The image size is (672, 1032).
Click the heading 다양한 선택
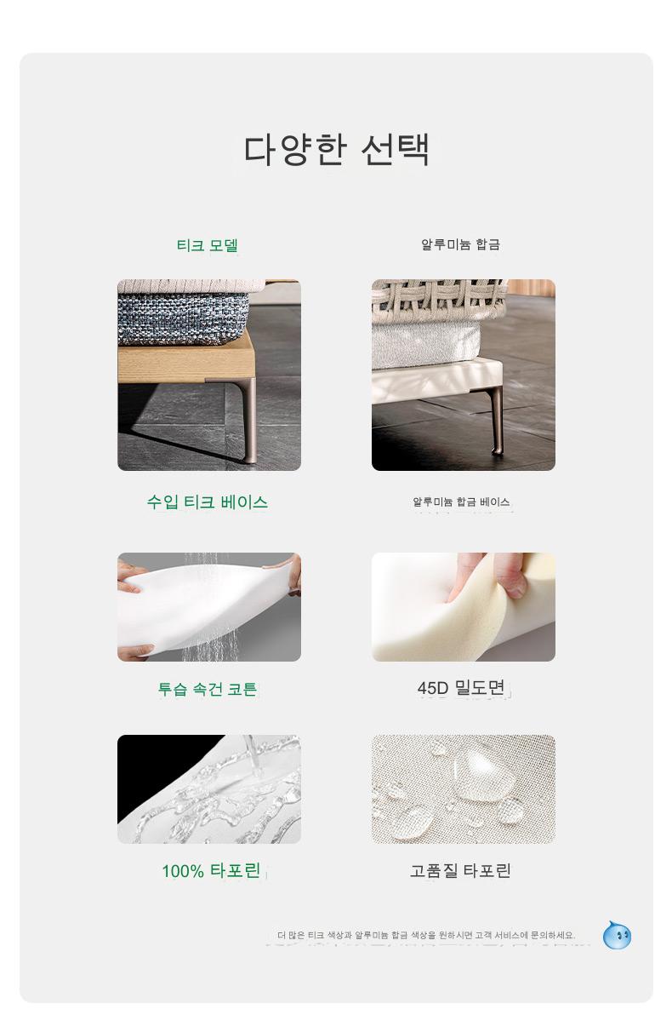tap(336, 149)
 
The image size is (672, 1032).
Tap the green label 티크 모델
tap(207, 244)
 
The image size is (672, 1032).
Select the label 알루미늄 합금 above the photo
tap(460, 244)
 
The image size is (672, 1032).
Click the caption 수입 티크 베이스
tap(207, 502)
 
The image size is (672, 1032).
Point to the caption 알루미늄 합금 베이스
tap(461, 502)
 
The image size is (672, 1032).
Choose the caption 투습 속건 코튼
tap(207, 689)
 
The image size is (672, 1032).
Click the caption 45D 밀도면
tap(461, 687)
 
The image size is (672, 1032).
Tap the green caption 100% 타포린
tap(211, 870)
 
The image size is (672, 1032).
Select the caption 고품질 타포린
tap(460, 870)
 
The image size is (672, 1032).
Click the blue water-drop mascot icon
tap(617, 935)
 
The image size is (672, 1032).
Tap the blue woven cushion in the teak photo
tap(183, 318)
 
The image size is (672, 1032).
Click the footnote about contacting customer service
tap(426, 935)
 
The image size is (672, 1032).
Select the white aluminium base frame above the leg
tap(437, 380)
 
